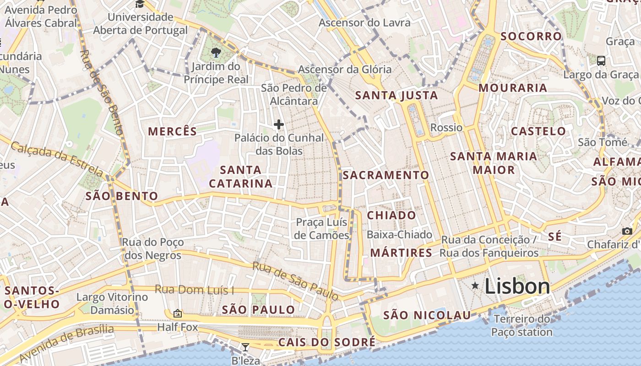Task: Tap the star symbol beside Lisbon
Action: pos(475,286)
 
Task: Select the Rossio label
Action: pos(446,128)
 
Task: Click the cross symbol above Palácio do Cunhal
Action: pos(278,124)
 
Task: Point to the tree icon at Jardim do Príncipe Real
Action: pos(216,53)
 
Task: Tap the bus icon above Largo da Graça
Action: pos(601,60)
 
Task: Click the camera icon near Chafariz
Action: pos(627,231)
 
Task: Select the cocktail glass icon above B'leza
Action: pos(245,347)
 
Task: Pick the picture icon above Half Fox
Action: pos(178,313)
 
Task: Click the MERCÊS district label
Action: pos(172,132)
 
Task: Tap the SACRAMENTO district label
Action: pos(386,175)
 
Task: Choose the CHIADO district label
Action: pos(391,215)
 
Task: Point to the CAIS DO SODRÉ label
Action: pos(327,342)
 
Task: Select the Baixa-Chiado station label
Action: pos(399,235)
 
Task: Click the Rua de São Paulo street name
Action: pos(295,281)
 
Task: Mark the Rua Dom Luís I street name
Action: pos(194,290)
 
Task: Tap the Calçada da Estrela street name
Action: pos(56,159)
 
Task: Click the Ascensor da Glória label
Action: pos(345,70)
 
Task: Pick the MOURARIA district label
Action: pos(513,88)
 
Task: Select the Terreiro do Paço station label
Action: pos(522,325)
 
